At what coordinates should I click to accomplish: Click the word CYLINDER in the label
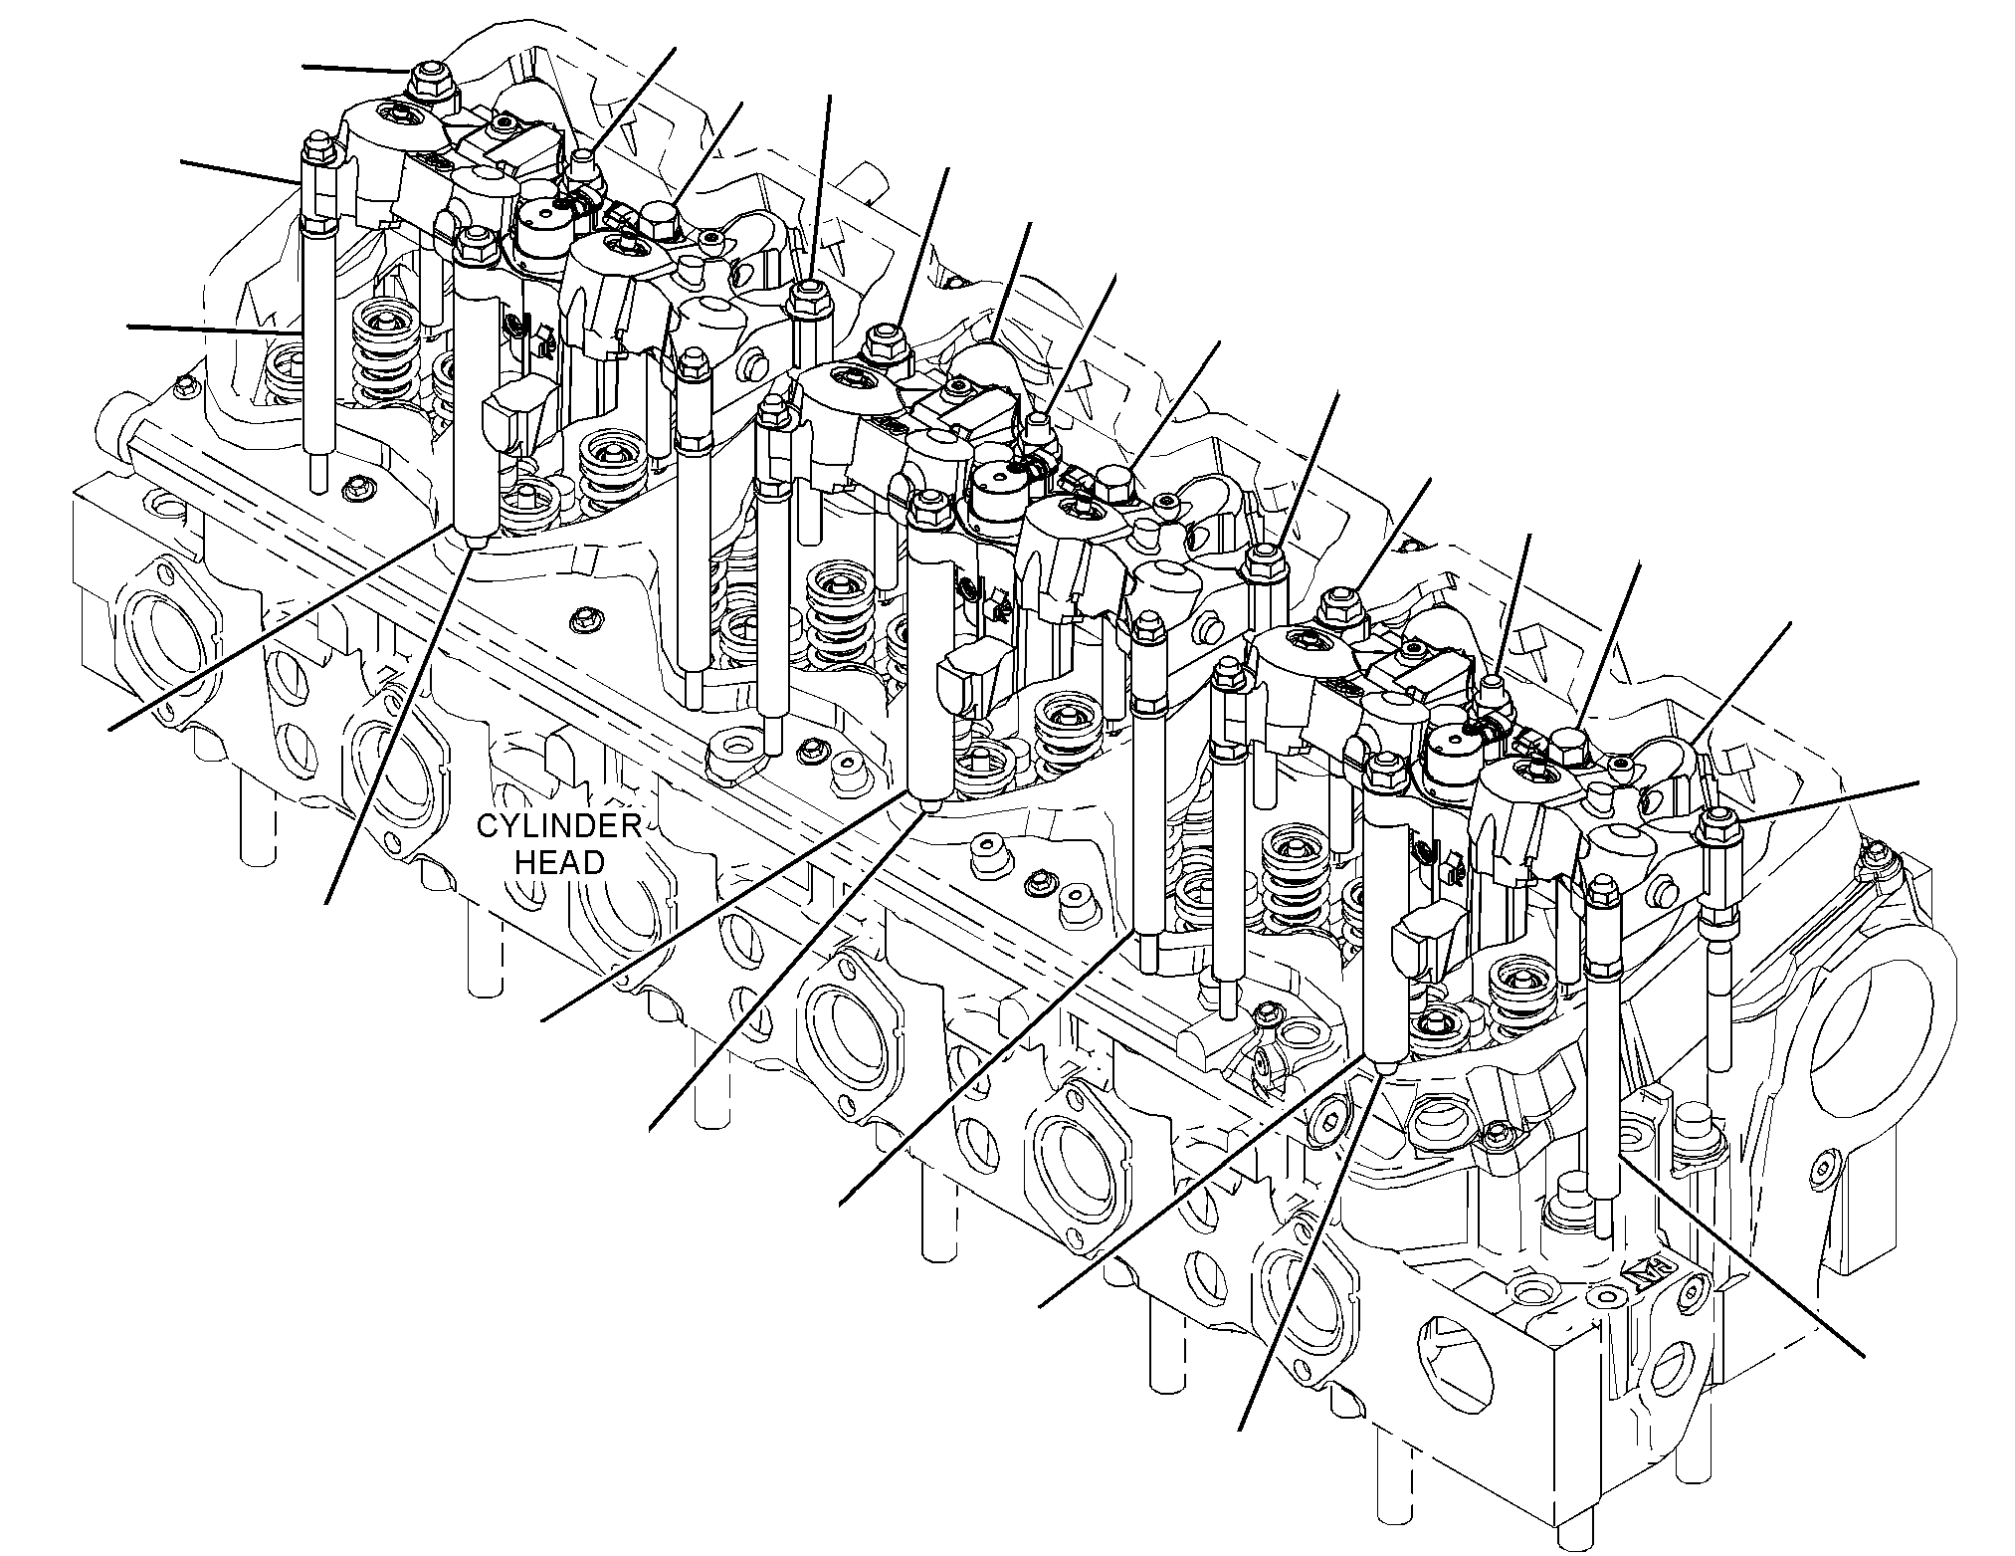click(558, 825)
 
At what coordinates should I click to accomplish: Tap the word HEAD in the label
click(559, 862)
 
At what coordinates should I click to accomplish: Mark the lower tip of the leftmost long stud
click(317, 483)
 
